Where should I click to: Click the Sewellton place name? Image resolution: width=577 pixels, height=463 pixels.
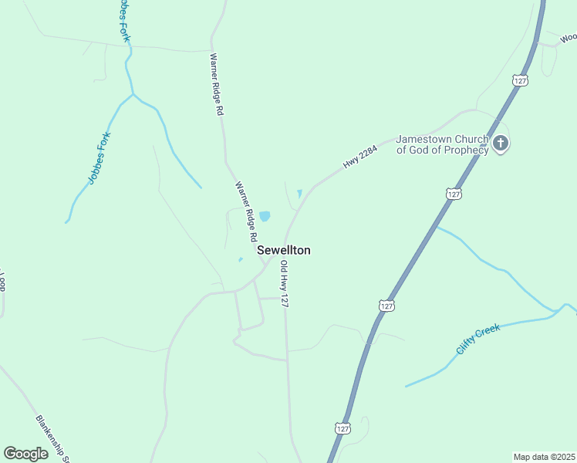tap(283, 250)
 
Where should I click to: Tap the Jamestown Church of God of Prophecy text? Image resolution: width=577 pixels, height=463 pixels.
tap(442, 145)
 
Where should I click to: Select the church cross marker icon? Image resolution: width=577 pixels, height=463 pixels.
tap(501, 144)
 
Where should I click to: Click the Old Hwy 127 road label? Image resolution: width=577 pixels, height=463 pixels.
tap(284, 285)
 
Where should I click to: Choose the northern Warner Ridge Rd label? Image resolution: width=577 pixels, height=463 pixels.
tap(218, 84)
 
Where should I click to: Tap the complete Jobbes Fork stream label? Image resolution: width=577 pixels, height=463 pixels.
tap(100, 158)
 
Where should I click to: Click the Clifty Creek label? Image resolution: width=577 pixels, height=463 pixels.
tap(477, 338)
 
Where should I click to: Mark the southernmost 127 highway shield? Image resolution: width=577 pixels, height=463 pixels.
tap(342, 427)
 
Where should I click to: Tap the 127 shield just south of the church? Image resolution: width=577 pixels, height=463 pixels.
tap(454, 194)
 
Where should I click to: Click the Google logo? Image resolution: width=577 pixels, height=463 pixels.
tap(26, 453)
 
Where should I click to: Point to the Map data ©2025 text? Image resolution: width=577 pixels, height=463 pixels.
tap(544, 457)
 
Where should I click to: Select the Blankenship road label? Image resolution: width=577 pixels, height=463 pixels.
tap(52, 438)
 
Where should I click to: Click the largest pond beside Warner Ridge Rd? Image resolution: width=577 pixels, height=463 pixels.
tap(265, 217)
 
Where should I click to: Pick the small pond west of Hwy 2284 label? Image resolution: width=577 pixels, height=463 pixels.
tap(299, 194)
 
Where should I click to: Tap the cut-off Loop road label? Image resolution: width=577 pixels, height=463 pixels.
tap(2, 282)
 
